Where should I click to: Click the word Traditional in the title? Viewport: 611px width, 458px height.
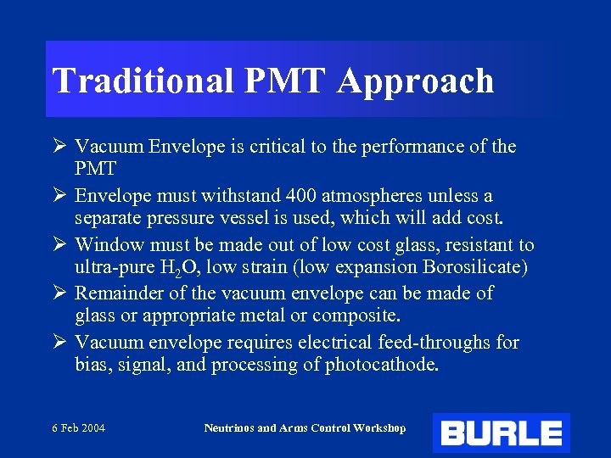[x=143, y=81]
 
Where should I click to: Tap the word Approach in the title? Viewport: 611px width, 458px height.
[x=415, y=81]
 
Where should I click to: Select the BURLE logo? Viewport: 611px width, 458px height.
[x=501, y=433]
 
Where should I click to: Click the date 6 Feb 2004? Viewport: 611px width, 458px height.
[x=77, y=428]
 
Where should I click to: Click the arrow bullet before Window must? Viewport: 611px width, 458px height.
[x=59, y=244]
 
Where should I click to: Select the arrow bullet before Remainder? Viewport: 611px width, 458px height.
[x=59, y=293]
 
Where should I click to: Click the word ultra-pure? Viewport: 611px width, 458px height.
[x=112, y=267]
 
